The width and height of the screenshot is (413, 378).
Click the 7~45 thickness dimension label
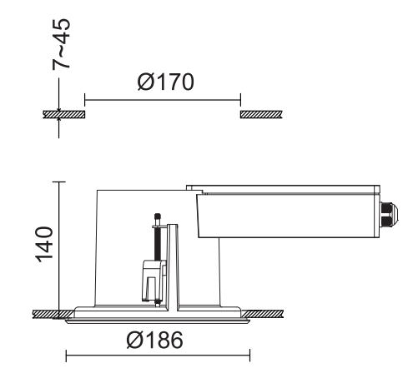(60, 49)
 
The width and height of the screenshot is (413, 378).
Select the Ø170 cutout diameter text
(162, 83)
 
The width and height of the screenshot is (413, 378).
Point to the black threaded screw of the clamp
(156, 241)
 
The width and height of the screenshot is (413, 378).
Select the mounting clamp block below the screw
(151, 279)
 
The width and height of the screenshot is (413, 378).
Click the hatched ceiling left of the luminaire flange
(50, 313)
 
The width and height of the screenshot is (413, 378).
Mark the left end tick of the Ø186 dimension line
(66, 357)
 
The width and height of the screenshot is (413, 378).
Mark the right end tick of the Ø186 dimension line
(249, 357)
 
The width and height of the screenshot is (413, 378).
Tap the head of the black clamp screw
(156, 216)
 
